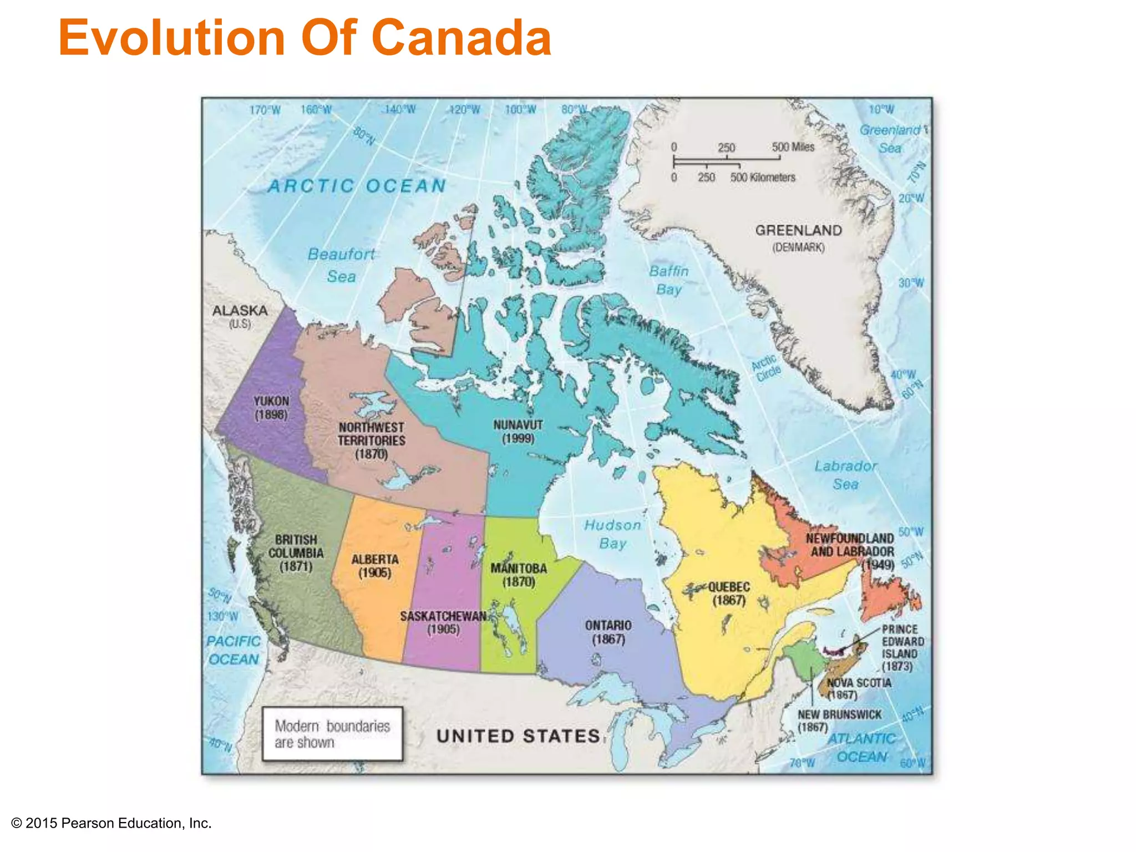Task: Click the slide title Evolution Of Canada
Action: [x=305, y=38]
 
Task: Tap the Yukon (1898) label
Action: [x=271, y=408]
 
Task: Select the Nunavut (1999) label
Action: [x=518, y=432]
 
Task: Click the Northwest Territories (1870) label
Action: [x=372, y=440]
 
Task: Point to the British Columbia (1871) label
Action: [x=296, y=552]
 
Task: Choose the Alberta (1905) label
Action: [x=375, y=566]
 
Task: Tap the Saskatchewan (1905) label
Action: [x=443, y=622]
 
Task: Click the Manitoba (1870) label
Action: [x=519, y=575]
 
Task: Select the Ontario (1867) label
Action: [x=608, y=632]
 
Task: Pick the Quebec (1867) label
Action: [x=729, y=594]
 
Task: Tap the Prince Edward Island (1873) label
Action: [x=902, y=647]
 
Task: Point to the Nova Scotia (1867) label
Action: [x=859, y=688]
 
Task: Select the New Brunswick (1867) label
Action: [x=839, y=721]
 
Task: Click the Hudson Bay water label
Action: [x=612, y=534]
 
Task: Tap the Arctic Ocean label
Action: [x=357, y=186]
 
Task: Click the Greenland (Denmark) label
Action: [x=798, y=237]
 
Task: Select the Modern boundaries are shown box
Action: [x=332, y=734]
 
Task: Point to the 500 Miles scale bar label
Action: [x=793, y=147]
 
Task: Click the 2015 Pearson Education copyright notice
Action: [x=111, y=823]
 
